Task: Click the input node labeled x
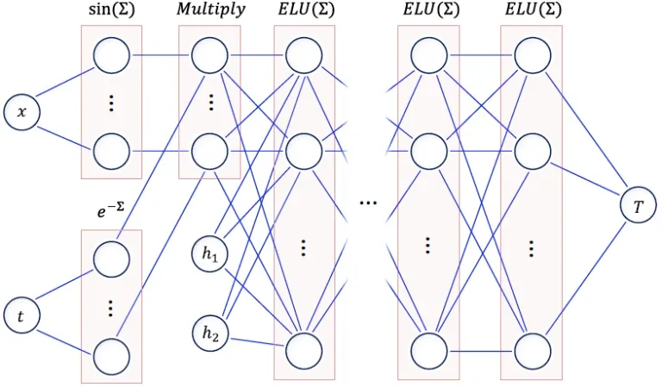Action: [22, 112]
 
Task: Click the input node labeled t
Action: [22, 315]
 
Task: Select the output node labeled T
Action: [638, 206]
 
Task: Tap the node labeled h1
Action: [209, 253]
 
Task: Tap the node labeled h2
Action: [209, 334]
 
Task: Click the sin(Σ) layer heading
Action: [111, 9]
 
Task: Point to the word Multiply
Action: [210, 9]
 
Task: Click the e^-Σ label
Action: [110, 209]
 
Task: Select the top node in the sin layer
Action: [111, 55]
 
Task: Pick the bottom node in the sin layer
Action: [111, 151]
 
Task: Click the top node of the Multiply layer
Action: [209, 55]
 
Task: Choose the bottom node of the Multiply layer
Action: [209, 151]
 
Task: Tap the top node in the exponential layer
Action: [111, 259]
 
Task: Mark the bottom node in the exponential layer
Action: [111, 356]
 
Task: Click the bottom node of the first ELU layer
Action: [304, 351]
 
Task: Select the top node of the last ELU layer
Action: [533, 55]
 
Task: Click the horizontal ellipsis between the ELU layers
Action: [368, 203]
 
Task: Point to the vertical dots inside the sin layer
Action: [111, 103]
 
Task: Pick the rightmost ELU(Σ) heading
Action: [533, 9]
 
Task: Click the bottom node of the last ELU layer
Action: [533, 351]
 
